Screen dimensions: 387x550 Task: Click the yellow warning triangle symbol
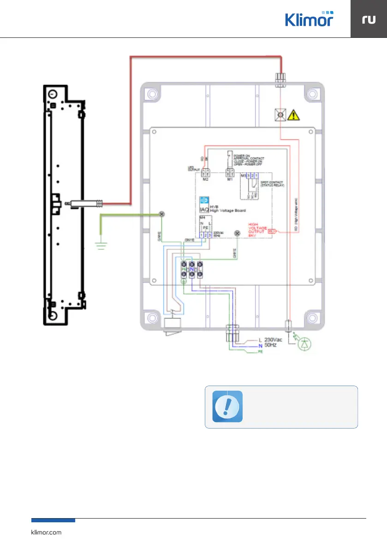click(292, 115)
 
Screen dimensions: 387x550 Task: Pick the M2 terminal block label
click(205, 179)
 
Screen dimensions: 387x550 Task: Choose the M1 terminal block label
click(229, 179)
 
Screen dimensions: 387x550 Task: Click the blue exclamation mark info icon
click(227, 406)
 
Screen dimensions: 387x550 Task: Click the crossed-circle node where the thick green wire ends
click(162, 214)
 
